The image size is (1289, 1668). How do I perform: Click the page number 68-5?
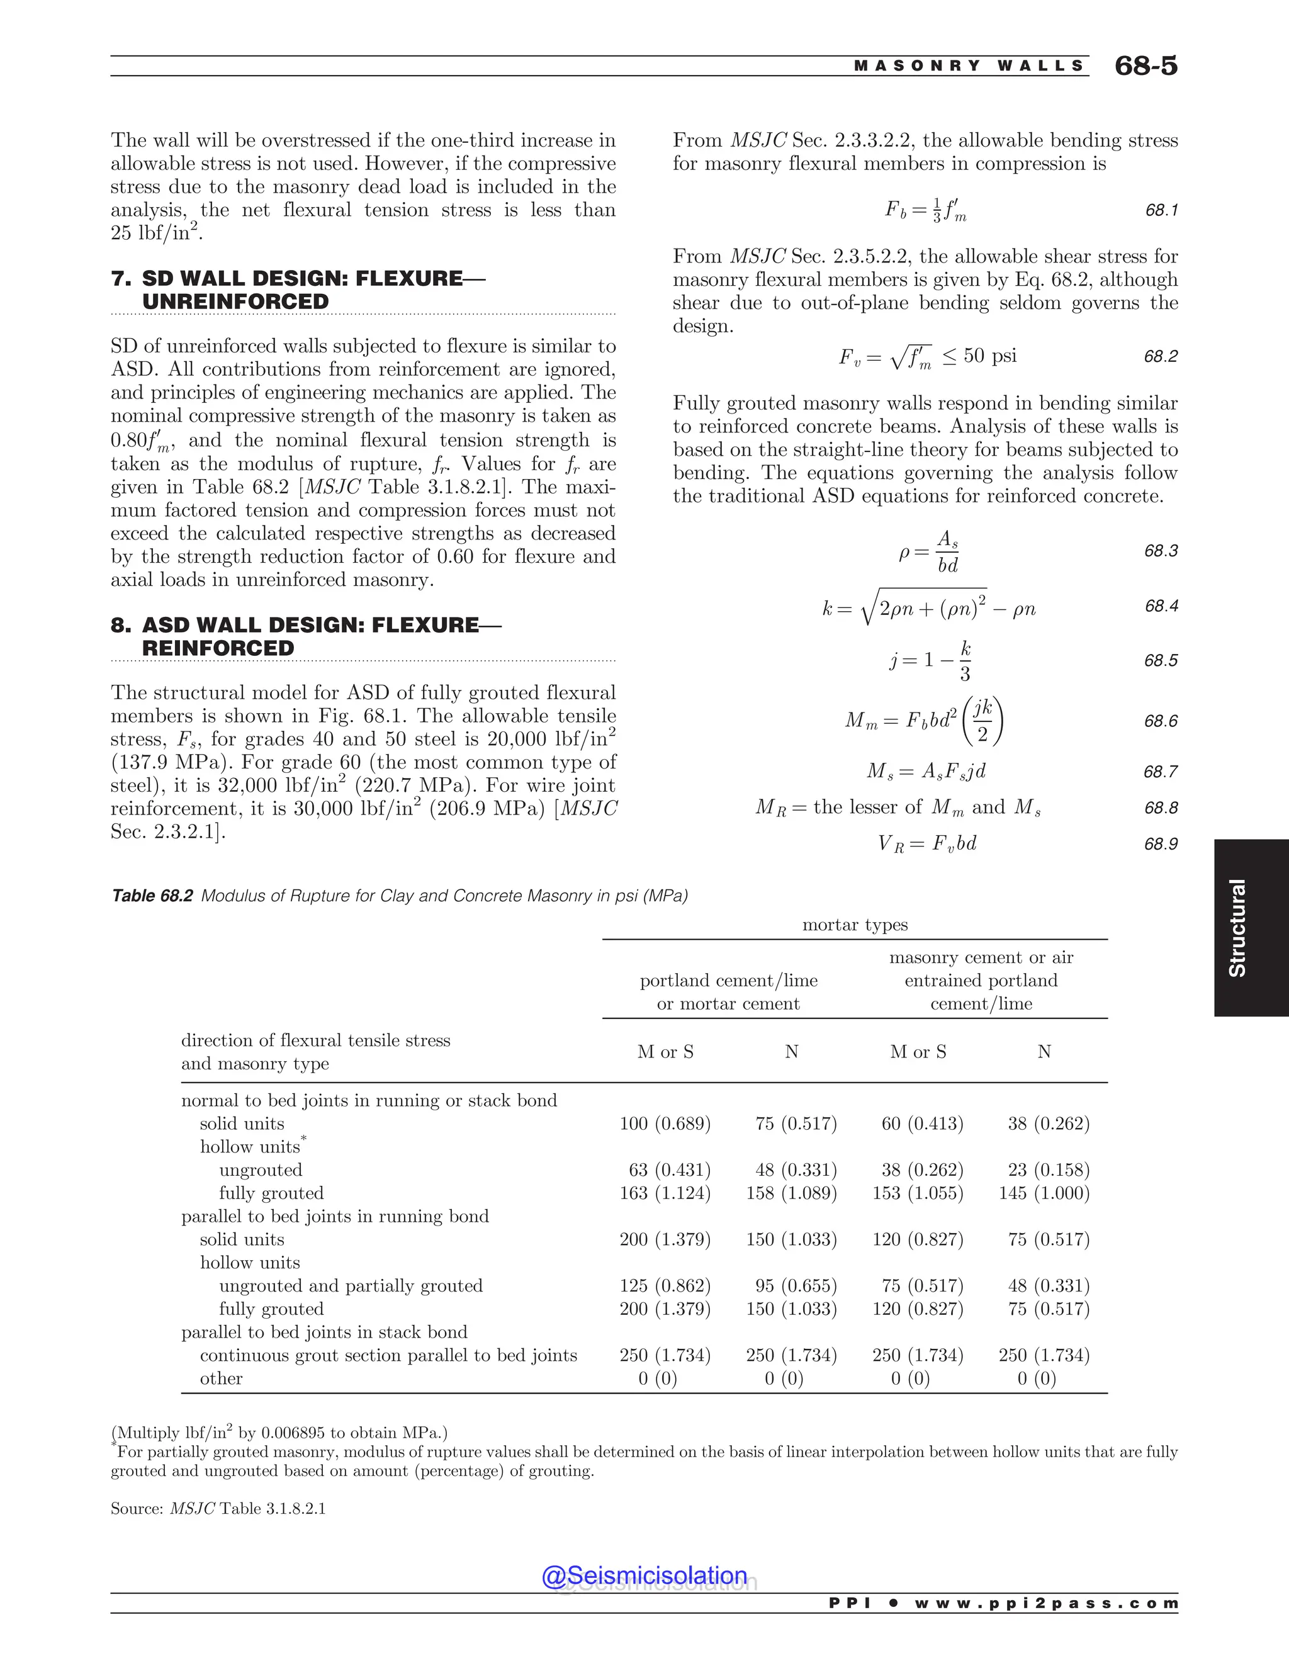point(1145,65)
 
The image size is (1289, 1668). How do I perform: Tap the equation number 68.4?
point(1161,606)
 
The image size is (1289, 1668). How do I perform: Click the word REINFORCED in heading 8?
point(218,648)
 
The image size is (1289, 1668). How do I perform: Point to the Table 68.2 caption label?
point(152,895)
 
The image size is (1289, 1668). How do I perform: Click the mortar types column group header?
point(855,925)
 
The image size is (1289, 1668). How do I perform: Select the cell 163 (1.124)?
point(665,1193)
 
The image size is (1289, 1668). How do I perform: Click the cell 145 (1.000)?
point(1044,1193)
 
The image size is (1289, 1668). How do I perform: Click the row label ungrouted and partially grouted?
point(351,1285)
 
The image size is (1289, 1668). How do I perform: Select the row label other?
point(221,1378)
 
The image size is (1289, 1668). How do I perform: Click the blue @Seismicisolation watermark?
point(644,1575)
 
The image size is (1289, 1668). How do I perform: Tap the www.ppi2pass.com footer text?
point(1046,1603)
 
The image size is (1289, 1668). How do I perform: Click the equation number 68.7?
point(1161,772)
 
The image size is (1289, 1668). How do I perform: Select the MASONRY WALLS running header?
point(968,65)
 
